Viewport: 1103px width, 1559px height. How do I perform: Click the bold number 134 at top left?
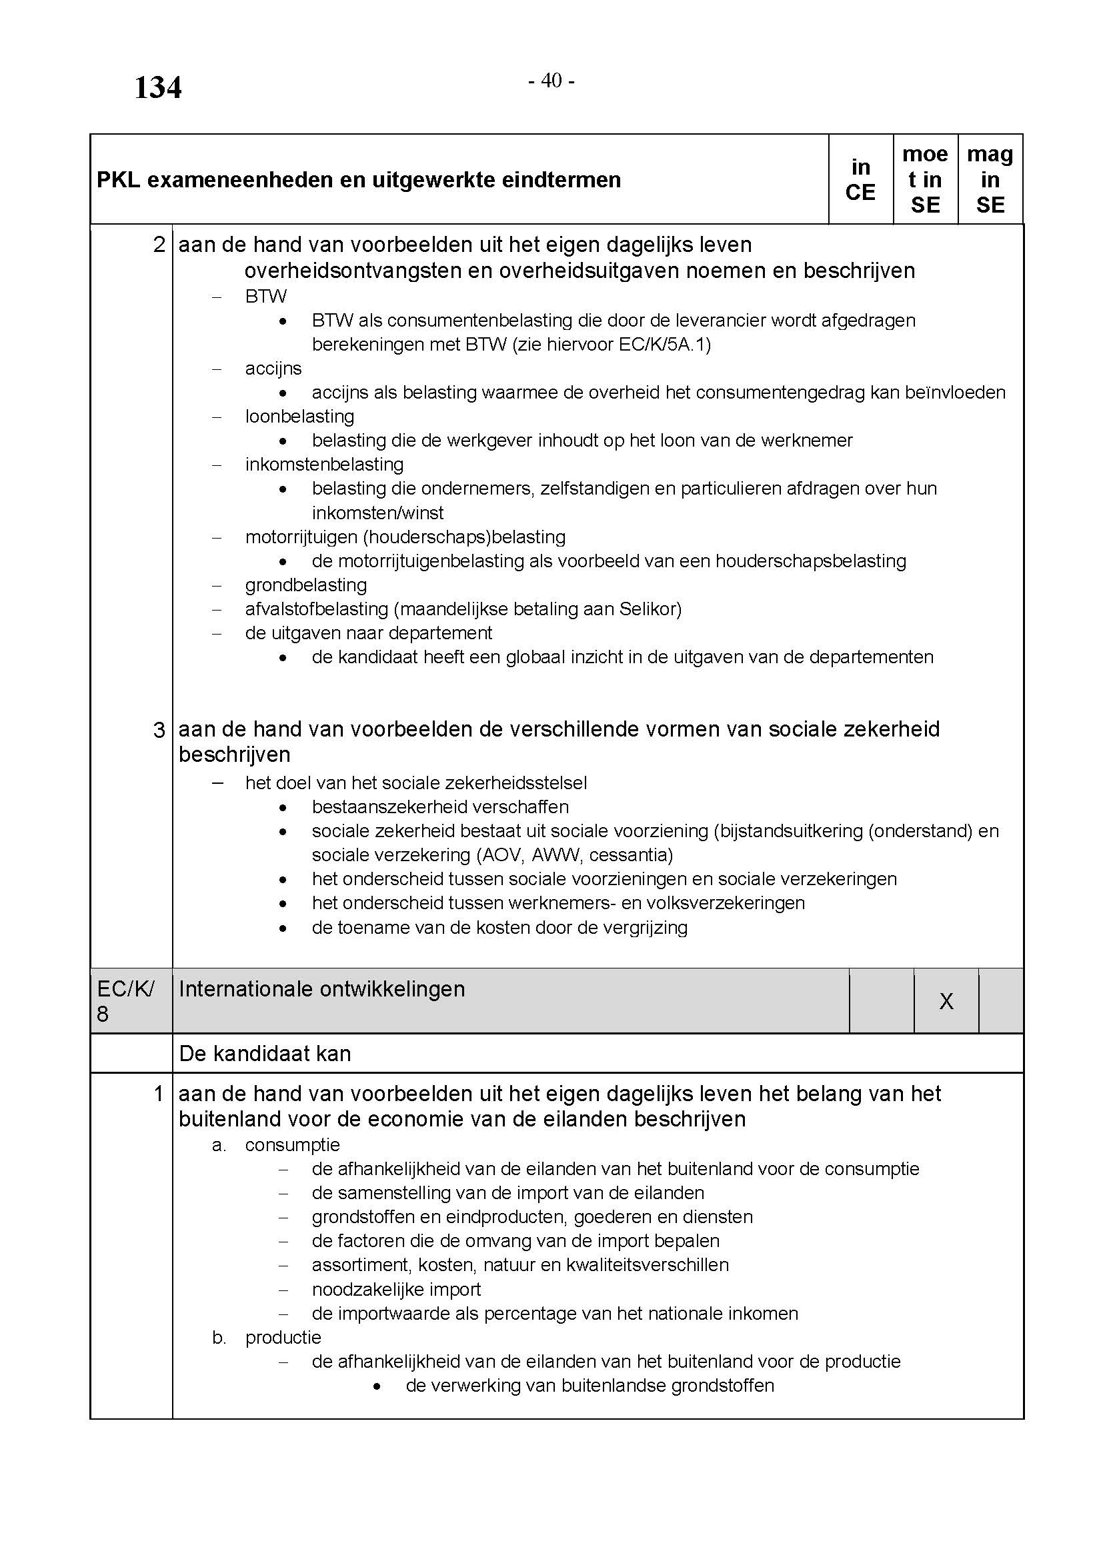[157, 88]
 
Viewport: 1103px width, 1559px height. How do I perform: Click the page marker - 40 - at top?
[551, 81]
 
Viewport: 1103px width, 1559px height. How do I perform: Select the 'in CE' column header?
[860, 180]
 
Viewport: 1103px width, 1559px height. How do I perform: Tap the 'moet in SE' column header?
[924, 180]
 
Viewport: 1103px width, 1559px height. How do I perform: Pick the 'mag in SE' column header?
[990, 180]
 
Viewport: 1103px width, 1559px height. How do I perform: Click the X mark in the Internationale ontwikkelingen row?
[946, 1001]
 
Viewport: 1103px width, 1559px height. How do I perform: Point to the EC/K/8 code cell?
[125, 1001]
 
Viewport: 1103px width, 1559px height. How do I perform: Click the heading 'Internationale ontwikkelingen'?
[322, 989]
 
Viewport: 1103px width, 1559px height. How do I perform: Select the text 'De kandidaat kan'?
[265, 1053]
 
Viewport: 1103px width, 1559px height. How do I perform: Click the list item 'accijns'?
[273, 369]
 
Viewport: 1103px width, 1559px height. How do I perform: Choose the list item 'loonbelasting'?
[299, 416]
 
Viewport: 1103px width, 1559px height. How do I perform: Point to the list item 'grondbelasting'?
[305, 585]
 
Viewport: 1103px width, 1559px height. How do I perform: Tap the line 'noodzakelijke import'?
[396, 1289]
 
